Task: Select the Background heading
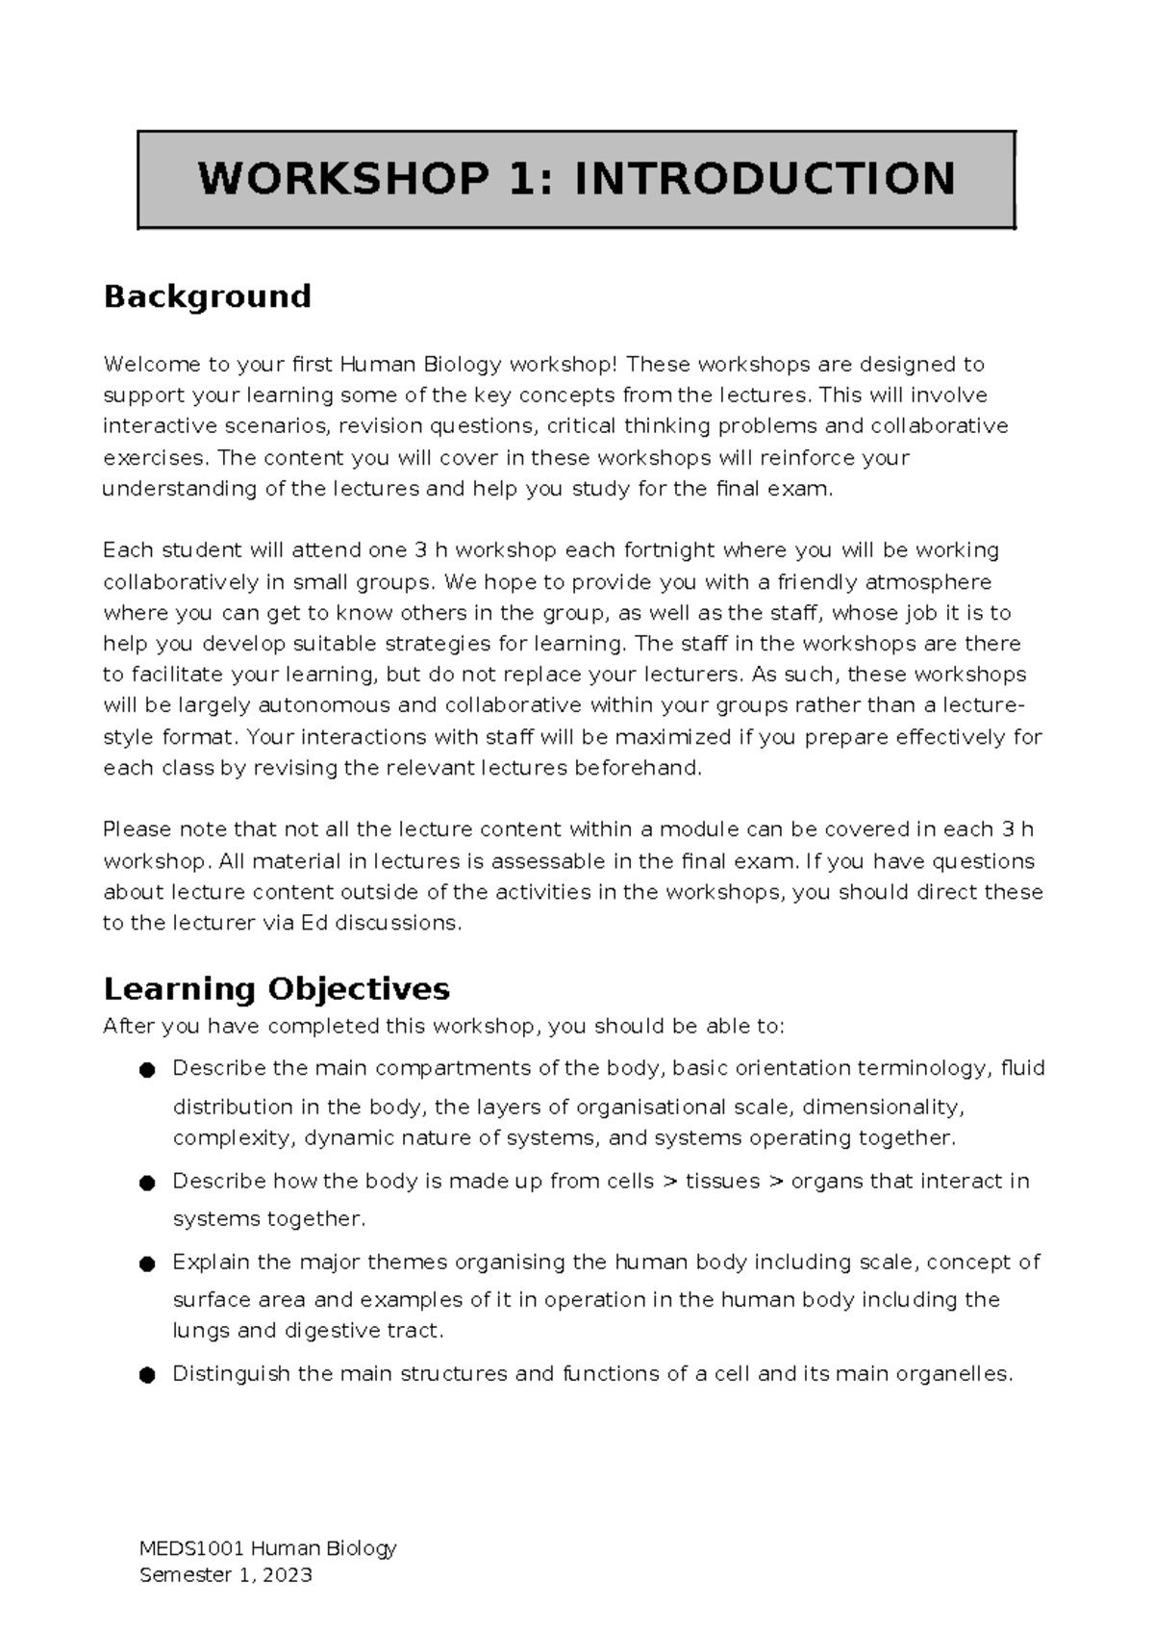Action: click(x=207, y=295)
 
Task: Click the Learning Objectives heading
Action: click(x=276, y=988)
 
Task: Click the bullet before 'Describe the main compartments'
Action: click(x=146, y=1070)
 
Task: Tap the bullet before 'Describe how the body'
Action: click(x=146, y=1183)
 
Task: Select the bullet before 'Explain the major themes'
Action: click(x=146, y=1263)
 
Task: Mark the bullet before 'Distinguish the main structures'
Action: click(x=146, y=1376)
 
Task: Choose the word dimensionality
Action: click(x=882, y=1107)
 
